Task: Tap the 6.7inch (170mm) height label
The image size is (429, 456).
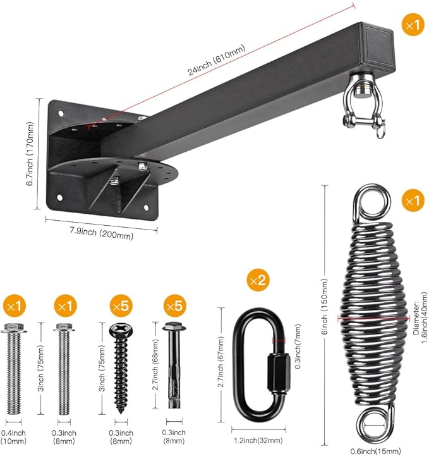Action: [x=30, y=154]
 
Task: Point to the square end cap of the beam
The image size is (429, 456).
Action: [x=378, y=47]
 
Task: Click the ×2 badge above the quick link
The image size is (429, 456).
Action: [x=258, y=280]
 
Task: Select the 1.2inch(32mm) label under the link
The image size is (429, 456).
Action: [x=258, y=440]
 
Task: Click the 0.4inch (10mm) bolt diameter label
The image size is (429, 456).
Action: [x=13, y=437]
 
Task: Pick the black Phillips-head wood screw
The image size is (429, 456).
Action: [x=121, y=368]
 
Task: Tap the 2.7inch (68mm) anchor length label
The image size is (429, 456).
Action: [x=155, y=365]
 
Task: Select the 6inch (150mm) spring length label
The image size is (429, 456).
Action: [x=325, y=307]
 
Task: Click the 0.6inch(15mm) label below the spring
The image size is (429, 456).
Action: [x=375, y=451]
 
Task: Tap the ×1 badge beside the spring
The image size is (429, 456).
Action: [x=413, y=200]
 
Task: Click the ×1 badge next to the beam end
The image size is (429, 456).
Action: [x=413, y=25]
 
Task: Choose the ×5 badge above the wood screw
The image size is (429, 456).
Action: [x=121, y=305]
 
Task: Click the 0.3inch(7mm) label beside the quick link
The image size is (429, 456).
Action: [x=298, y=347]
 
